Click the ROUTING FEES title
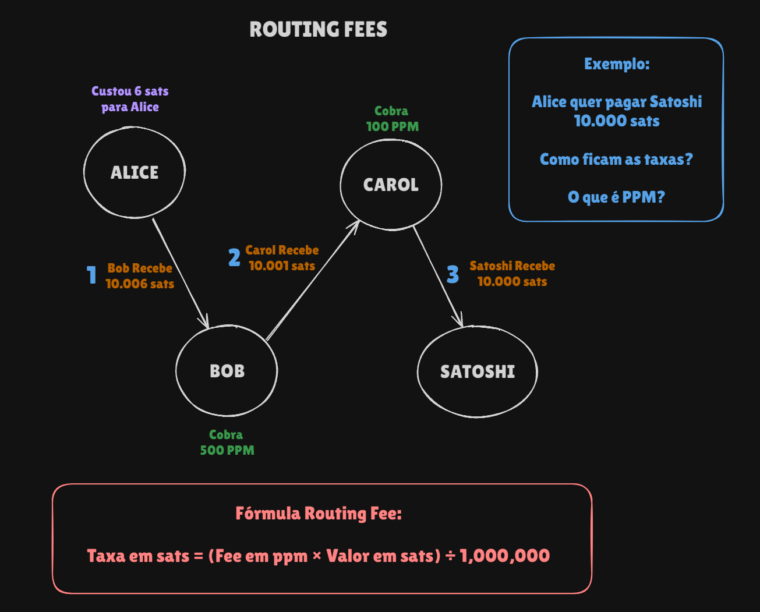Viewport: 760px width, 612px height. click(x=318, y=29)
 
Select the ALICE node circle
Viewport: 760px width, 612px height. click(x=135, y=172)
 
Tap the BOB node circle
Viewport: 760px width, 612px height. click(x=227, y=371)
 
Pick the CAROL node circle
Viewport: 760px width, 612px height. click(x=391, y=185)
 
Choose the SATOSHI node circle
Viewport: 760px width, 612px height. click(x=478, y=372)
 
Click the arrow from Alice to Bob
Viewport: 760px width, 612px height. click(x=180, y=273)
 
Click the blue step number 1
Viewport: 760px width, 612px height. click(x=91, y=275)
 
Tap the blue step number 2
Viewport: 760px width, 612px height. click(x=234, y=257)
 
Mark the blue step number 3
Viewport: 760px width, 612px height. click(x=453, y=274)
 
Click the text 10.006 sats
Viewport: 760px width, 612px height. click(x=140, y=284)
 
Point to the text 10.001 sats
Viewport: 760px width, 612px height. click(x=282, y=266)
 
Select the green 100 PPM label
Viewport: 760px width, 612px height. click(x=392, y=126)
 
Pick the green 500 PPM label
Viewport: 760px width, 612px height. click(x=227, y=450)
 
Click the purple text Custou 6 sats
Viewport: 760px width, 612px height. click(x=130, y=91)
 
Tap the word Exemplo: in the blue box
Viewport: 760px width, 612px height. click(x=617, y=63)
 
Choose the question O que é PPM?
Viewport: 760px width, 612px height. click(x=616, y=197)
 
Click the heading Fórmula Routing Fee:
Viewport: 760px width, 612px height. click(x=319, y=513)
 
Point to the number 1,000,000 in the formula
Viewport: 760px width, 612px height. click(x=504, y=556)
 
